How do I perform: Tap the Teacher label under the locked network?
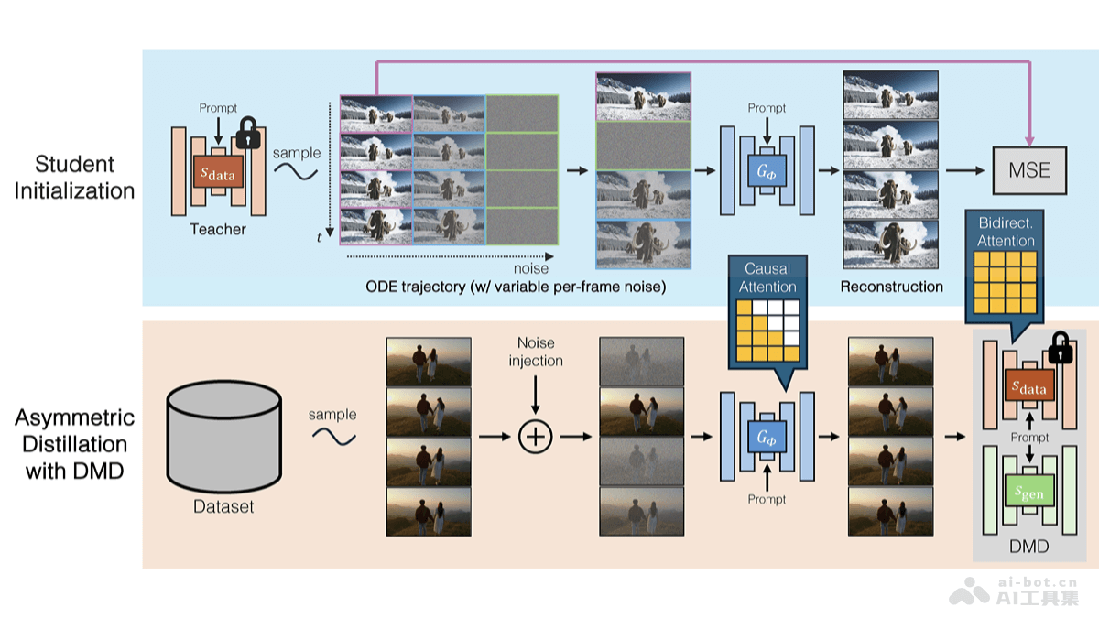coord(218,229)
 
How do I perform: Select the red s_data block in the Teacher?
coord(218,170)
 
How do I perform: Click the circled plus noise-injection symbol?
coord(536,437)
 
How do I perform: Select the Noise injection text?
coord(536,352)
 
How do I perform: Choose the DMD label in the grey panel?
coord(1030,547)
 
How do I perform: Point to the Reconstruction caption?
coord(891,287)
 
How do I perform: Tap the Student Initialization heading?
coord(75,178)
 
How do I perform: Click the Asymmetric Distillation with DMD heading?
coord(75,444)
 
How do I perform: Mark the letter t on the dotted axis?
coord(320,237)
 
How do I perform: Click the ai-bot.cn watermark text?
coord(1037,581)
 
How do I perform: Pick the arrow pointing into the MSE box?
coord(967,170)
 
